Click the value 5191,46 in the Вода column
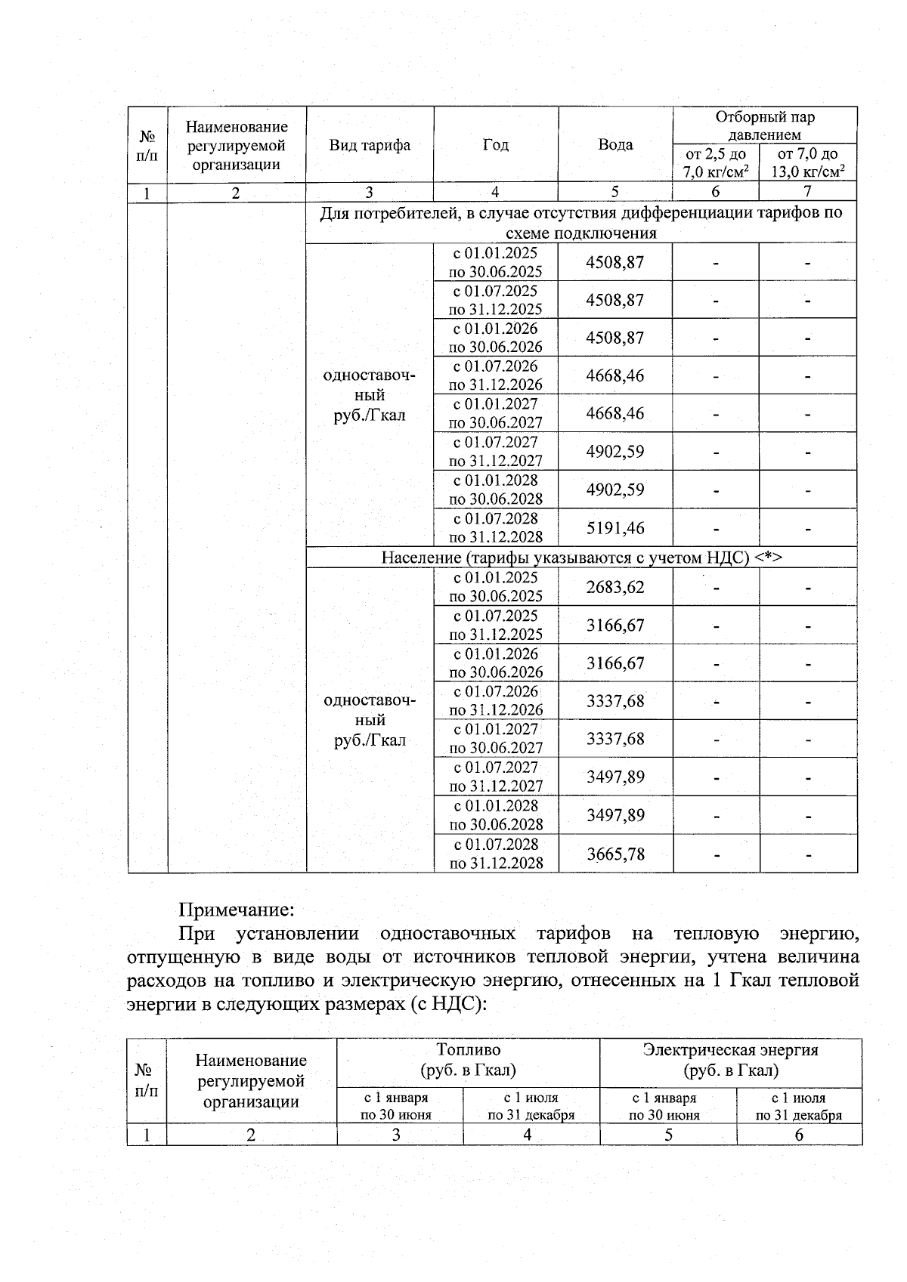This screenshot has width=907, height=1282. [x=615, y=527]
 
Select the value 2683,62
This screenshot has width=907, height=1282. [x=615, y=587]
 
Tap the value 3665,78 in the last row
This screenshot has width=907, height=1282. [x=615, y=854]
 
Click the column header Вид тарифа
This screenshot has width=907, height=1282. [x=370, y=144]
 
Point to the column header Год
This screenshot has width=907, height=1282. [x=496, y=144]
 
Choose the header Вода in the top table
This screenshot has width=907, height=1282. [x=615, y=144]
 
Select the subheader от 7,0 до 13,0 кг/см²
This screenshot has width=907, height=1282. [x=807, y=162]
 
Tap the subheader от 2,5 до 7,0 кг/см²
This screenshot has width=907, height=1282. [x=715, y=162]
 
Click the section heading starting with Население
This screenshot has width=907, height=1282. [x=581, y=558]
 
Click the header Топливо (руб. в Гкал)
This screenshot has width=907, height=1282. [x=468, y=1060]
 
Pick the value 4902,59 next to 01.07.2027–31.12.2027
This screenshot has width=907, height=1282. [x=615, y=452]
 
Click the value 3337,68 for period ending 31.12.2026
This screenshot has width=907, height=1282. [x=615, y=701]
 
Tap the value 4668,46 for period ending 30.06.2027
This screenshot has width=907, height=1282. [x=615, y=413]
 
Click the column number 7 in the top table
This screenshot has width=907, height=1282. [x=807, y=193]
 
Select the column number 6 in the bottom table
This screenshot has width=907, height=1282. [x=799, y=1134]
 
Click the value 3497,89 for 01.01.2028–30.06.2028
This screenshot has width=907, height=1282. [x=615, y=815]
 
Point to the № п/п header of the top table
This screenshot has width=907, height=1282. [x=147, y=145]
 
